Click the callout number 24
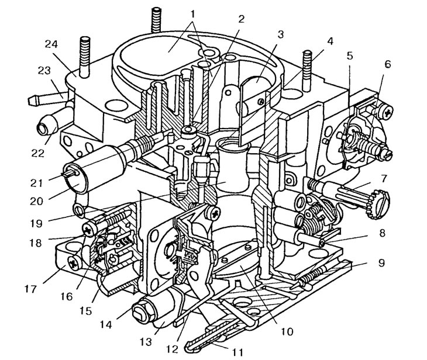coord(51,43)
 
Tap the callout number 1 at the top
coord(193,13)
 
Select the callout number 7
coord(384,179)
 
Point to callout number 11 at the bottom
coord(237,352)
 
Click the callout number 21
coord(36,183)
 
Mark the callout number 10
coord(287,331)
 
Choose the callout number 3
coord(281,34)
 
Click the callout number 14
coord(106,324)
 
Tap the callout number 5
coord(350,56)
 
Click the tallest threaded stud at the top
coord(157,19)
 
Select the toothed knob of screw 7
coord(378,204)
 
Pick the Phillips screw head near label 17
coord(74,263)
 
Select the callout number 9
coord(381,263)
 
